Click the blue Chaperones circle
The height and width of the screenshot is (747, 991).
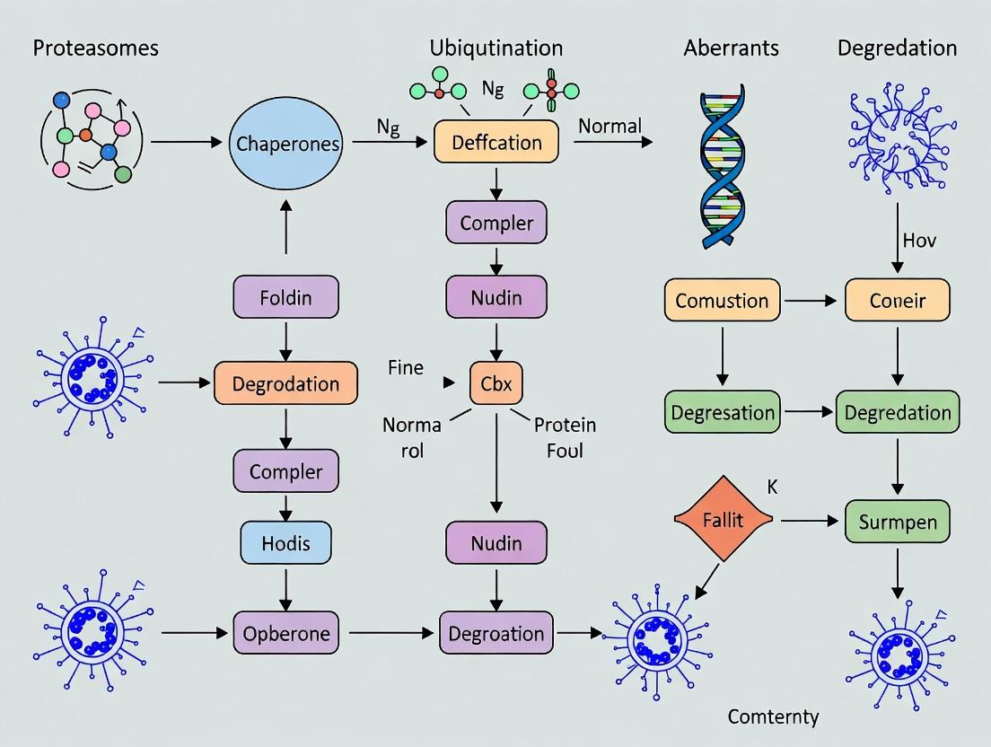tap(287, 144)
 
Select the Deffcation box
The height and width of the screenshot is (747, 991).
tap(496, 142)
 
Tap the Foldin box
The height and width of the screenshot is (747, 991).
tap(285, 297)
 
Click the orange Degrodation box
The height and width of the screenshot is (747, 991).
tap(285, 384)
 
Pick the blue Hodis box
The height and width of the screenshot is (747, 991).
tap(285, 541)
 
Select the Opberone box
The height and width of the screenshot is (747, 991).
tap(285, 634)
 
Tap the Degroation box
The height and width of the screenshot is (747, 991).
tap(496, 634)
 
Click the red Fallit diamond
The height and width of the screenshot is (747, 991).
tap(723, 520)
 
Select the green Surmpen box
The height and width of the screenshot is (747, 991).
tap(898, 521)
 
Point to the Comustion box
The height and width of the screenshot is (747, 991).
tap(723, 301)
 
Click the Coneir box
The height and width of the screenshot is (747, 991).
tap(898, 301)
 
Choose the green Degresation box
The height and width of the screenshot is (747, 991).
tap(723, 413)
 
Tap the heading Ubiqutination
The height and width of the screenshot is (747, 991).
tap(495, 48)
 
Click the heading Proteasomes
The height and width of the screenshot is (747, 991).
tap(95, 48)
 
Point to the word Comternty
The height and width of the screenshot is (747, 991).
tap(773, 716)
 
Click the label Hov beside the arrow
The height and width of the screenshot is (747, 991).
tap(919, 241)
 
